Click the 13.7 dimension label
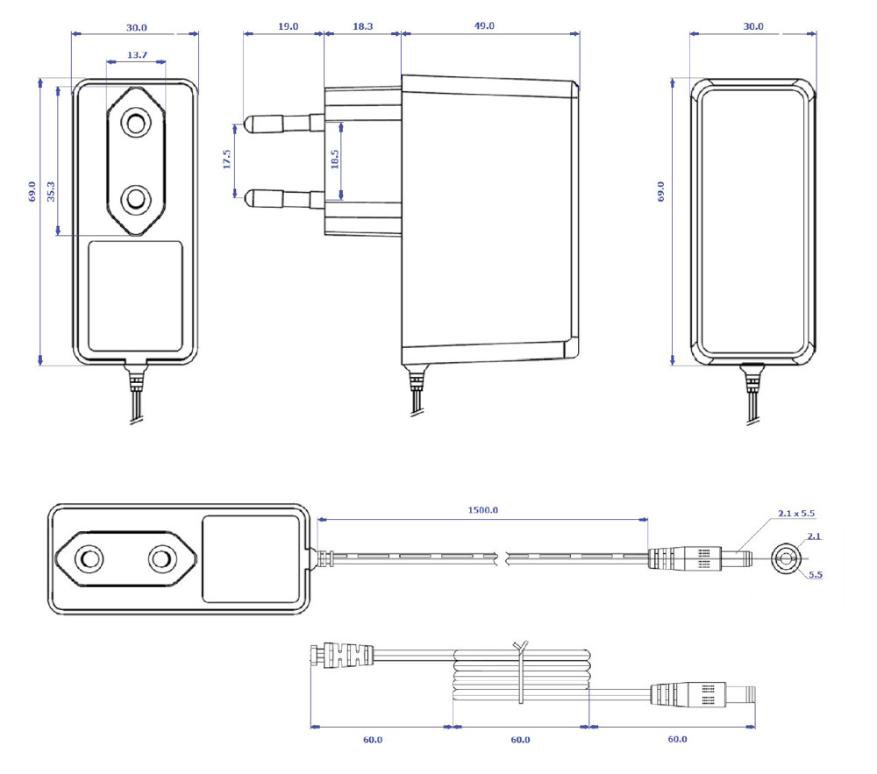tap(137, 54)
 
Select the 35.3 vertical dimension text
tap(51, 192)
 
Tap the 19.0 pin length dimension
tap(288, 26)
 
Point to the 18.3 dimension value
tap(362, 26)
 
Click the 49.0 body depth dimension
tap(484, 25)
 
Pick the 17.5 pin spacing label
tap(226, 160)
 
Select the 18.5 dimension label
tap(334, 160)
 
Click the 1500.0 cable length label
tap(482, 509)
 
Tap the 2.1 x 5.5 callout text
tap(796, 513)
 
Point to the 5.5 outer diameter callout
tap(816, 574)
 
